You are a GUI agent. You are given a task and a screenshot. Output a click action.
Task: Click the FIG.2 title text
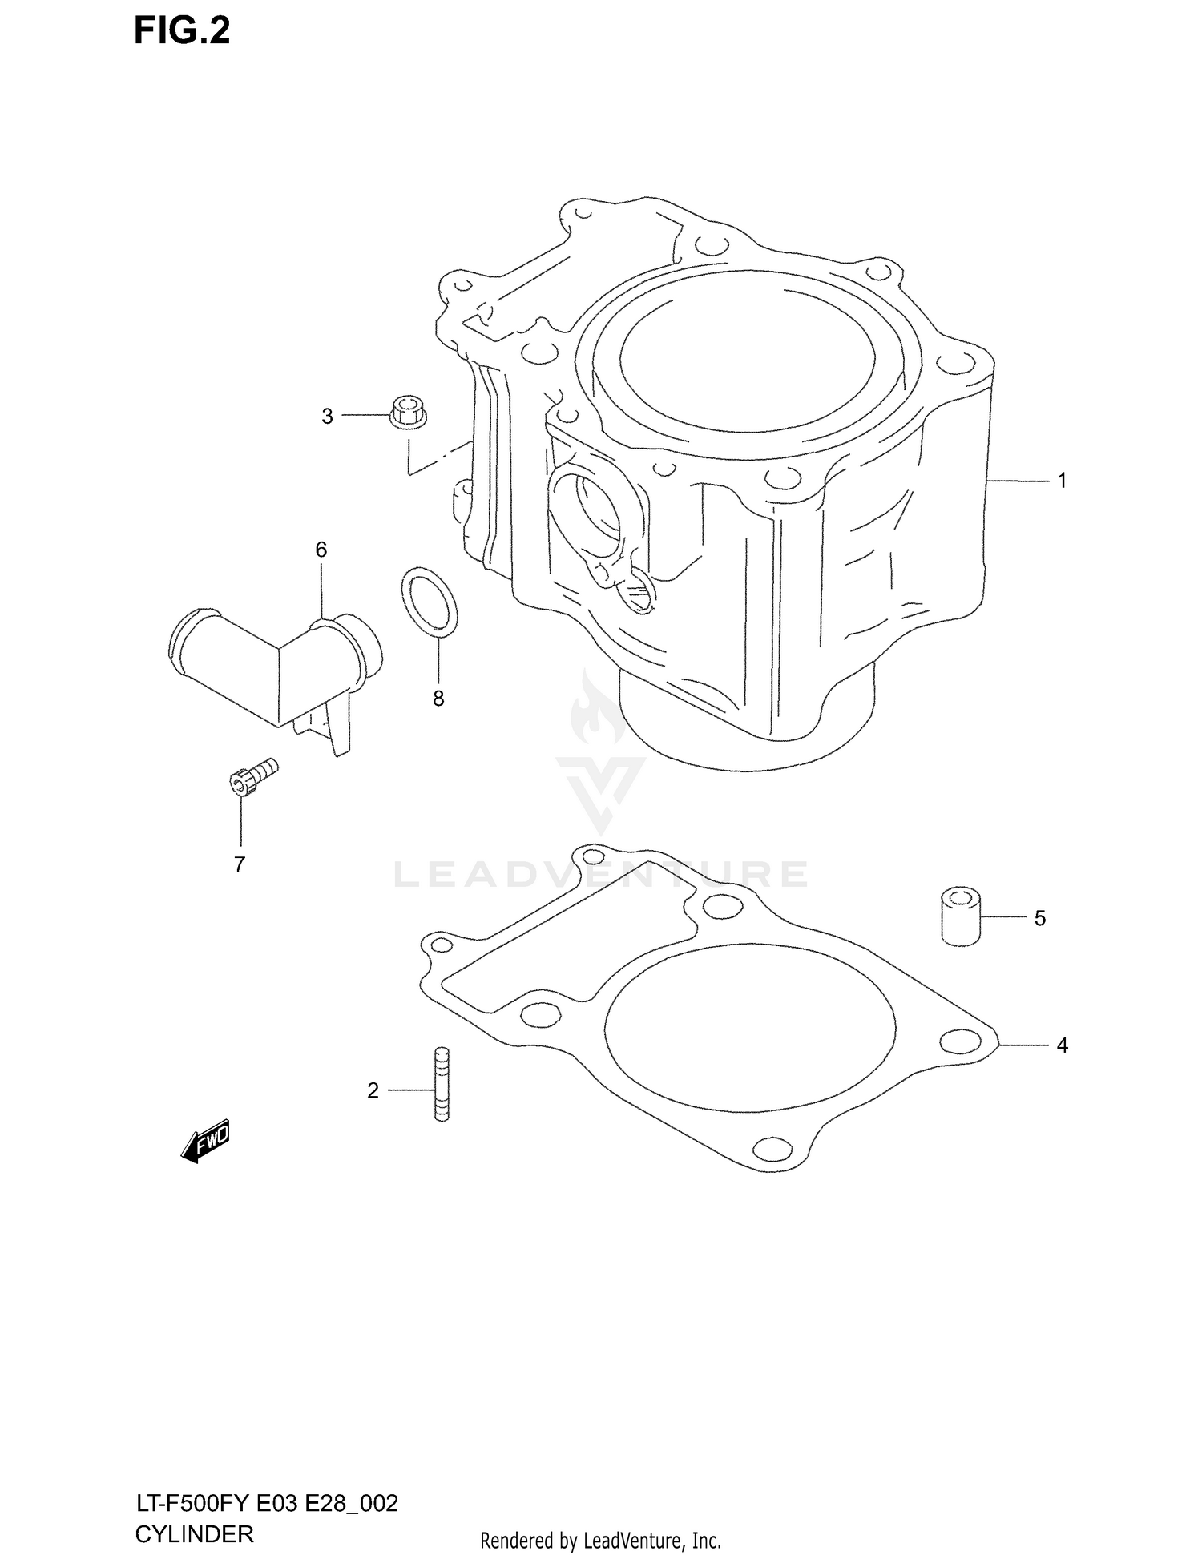click(x=182, y=32)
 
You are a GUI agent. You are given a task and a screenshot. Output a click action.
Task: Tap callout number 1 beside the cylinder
click(x=1062, y=481)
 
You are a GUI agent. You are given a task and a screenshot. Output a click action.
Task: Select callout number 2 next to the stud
click(x=373, y=1090)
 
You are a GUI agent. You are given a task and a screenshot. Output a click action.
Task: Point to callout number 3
click(x=327, y=417)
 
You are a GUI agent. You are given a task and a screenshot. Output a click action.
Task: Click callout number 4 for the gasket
click(x=1062, y=1045)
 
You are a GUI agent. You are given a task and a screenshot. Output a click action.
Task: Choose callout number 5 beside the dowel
click(x=1039, y=918)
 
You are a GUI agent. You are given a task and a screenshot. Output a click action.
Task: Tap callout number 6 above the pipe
click(x=321, y=550)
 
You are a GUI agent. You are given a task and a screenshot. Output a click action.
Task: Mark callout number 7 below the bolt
click(x=239, y=864)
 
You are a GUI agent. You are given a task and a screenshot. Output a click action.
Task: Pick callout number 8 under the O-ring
click(x=438, y=699)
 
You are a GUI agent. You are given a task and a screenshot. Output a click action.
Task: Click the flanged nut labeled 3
click(x=408, y=412)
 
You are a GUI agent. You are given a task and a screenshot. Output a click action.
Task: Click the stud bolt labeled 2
click(x=442, y=1084)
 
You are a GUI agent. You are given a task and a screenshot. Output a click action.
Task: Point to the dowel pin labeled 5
click(x=960, y=916)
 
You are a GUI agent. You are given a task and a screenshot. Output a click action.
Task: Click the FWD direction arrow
click(x=205, y=1139)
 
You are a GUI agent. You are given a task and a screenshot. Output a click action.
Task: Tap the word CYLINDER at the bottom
click(x=194, y=1534)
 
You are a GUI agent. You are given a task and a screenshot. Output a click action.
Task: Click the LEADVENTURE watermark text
click(x=600, y=874)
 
